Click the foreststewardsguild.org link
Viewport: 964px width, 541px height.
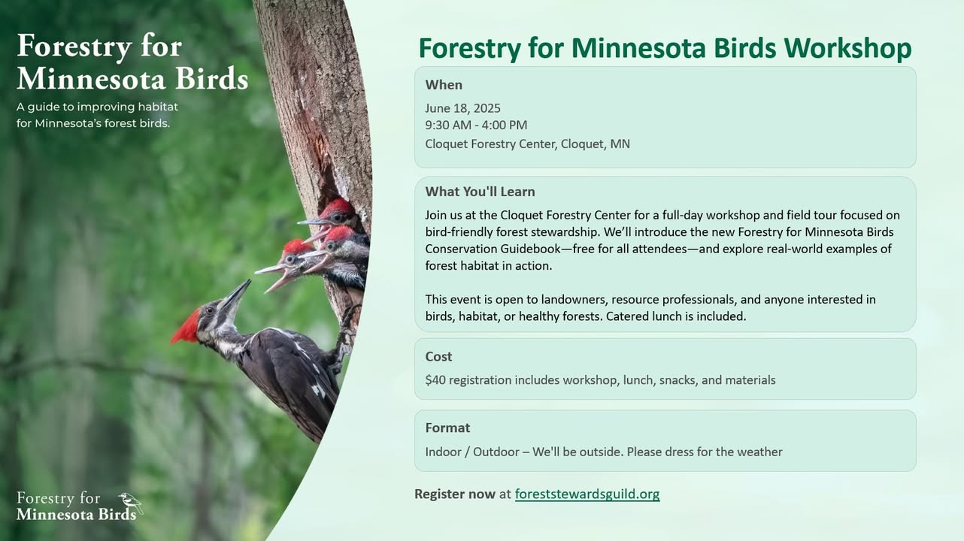[587, 494]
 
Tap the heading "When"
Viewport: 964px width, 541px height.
[444, 85]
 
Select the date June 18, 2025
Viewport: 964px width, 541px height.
[462, 108]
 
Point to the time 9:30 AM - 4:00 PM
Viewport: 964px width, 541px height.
[476, 125]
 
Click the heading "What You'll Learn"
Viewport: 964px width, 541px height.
[480, 192]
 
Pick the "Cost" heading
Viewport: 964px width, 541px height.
[438, 356]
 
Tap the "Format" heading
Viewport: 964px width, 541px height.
[447, 428]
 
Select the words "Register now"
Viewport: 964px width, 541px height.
[455, 494]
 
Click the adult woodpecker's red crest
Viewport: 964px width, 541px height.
[186, 327]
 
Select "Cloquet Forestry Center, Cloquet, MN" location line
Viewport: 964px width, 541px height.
[527, 144]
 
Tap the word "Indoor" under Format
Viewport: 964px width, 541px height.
[443, 452]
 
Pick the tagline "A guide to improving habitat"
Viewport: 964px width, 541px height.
[97, 107]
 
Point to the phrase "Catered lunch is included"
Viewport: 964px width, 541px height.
[675, 316]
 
